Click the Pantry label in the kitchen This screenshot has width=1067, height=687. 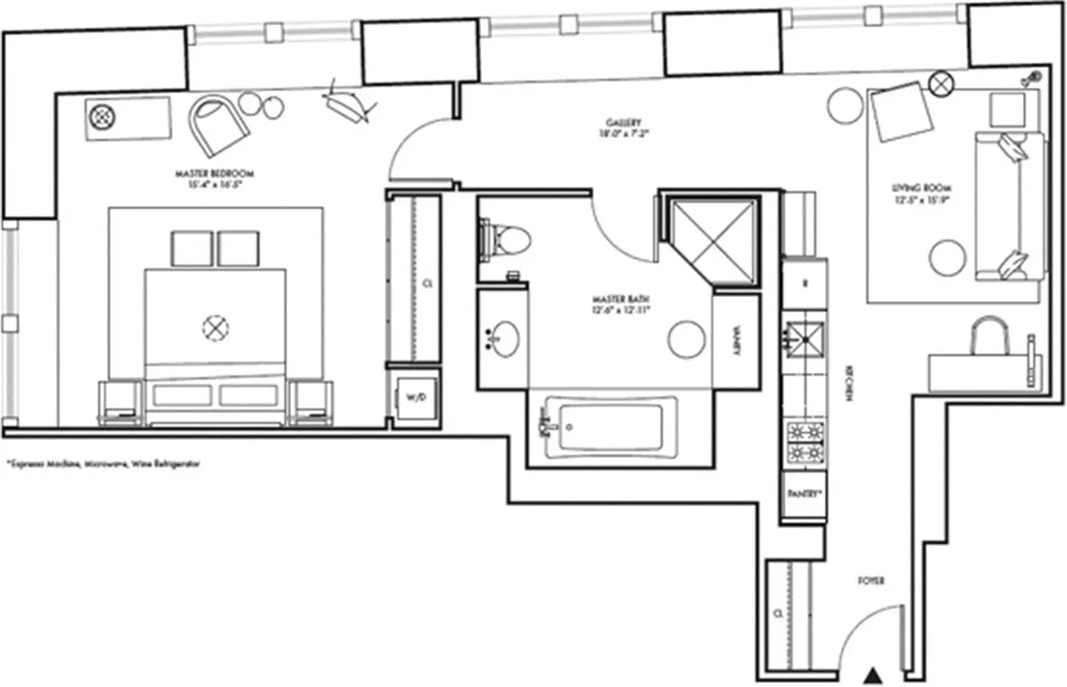pos(804,495)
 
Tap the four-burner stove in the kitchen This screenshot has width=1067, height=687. pos(805,442)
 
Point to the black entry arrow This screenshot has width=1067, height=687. pos(873,675)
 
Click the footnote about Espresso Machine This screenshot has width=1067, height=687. pos(102,463)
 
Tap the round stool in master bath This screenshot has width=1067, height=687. pos(687,338)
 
